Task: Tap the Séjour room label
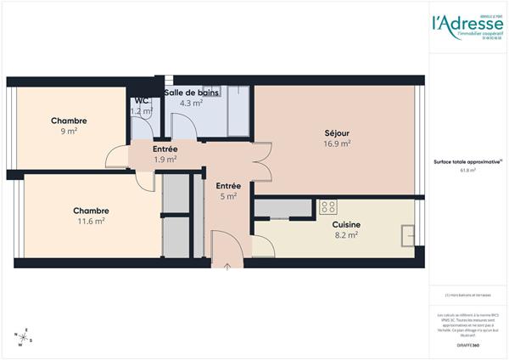(x=337, y=132)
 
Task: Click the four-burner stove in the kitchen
(x=327, y=207)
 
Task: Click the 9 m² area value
(x=69, y=132)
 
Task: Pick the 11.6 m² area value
(x=91, y=221)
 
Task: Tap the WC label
(x=141, y=101)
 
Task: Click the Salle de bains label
(x=192, y=92)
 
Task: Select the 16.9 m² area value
(x=337, y=143)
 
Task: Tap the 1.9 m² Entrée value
(x=165, y=159)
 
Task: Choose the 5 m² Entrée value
(x=227, y=196)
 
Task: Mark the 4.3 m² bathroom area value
(x=191, y=103)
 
